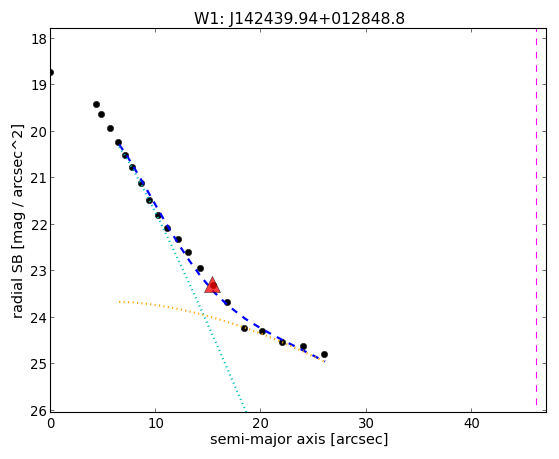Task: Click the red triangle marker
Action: coord(212,285)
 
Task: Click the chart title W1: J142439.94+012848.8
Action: coord(299,19)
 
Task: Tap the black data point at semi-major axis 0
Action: coord(51,72)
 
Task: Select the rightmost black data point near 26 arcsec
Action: coord(324,355)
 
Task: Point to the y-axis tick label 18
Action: coord(39,39)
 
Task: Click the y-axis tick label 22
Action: coord(39,224)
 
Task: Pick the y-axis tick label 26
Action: coord(39,411)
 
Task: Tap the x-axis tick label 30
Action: coord(366,424)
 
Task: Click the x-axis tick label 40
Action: coord(471,424)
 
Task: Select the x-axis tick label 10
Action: coord(155,424)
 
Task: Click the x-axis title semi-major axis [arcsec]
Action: coord(299,439)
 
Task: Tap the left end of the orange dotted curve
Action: coord(119,302)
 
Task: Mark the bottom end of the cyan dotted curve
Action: coord(245,409)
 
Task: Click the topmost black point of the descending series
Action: coord(96,104)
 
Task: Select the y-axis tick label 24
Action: coord(39,317)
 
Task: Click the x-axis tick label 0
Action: coord(51,424)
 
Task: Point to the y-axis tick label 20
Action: coord(39,131)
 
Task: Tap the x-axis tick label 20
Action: coord(261,424)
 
